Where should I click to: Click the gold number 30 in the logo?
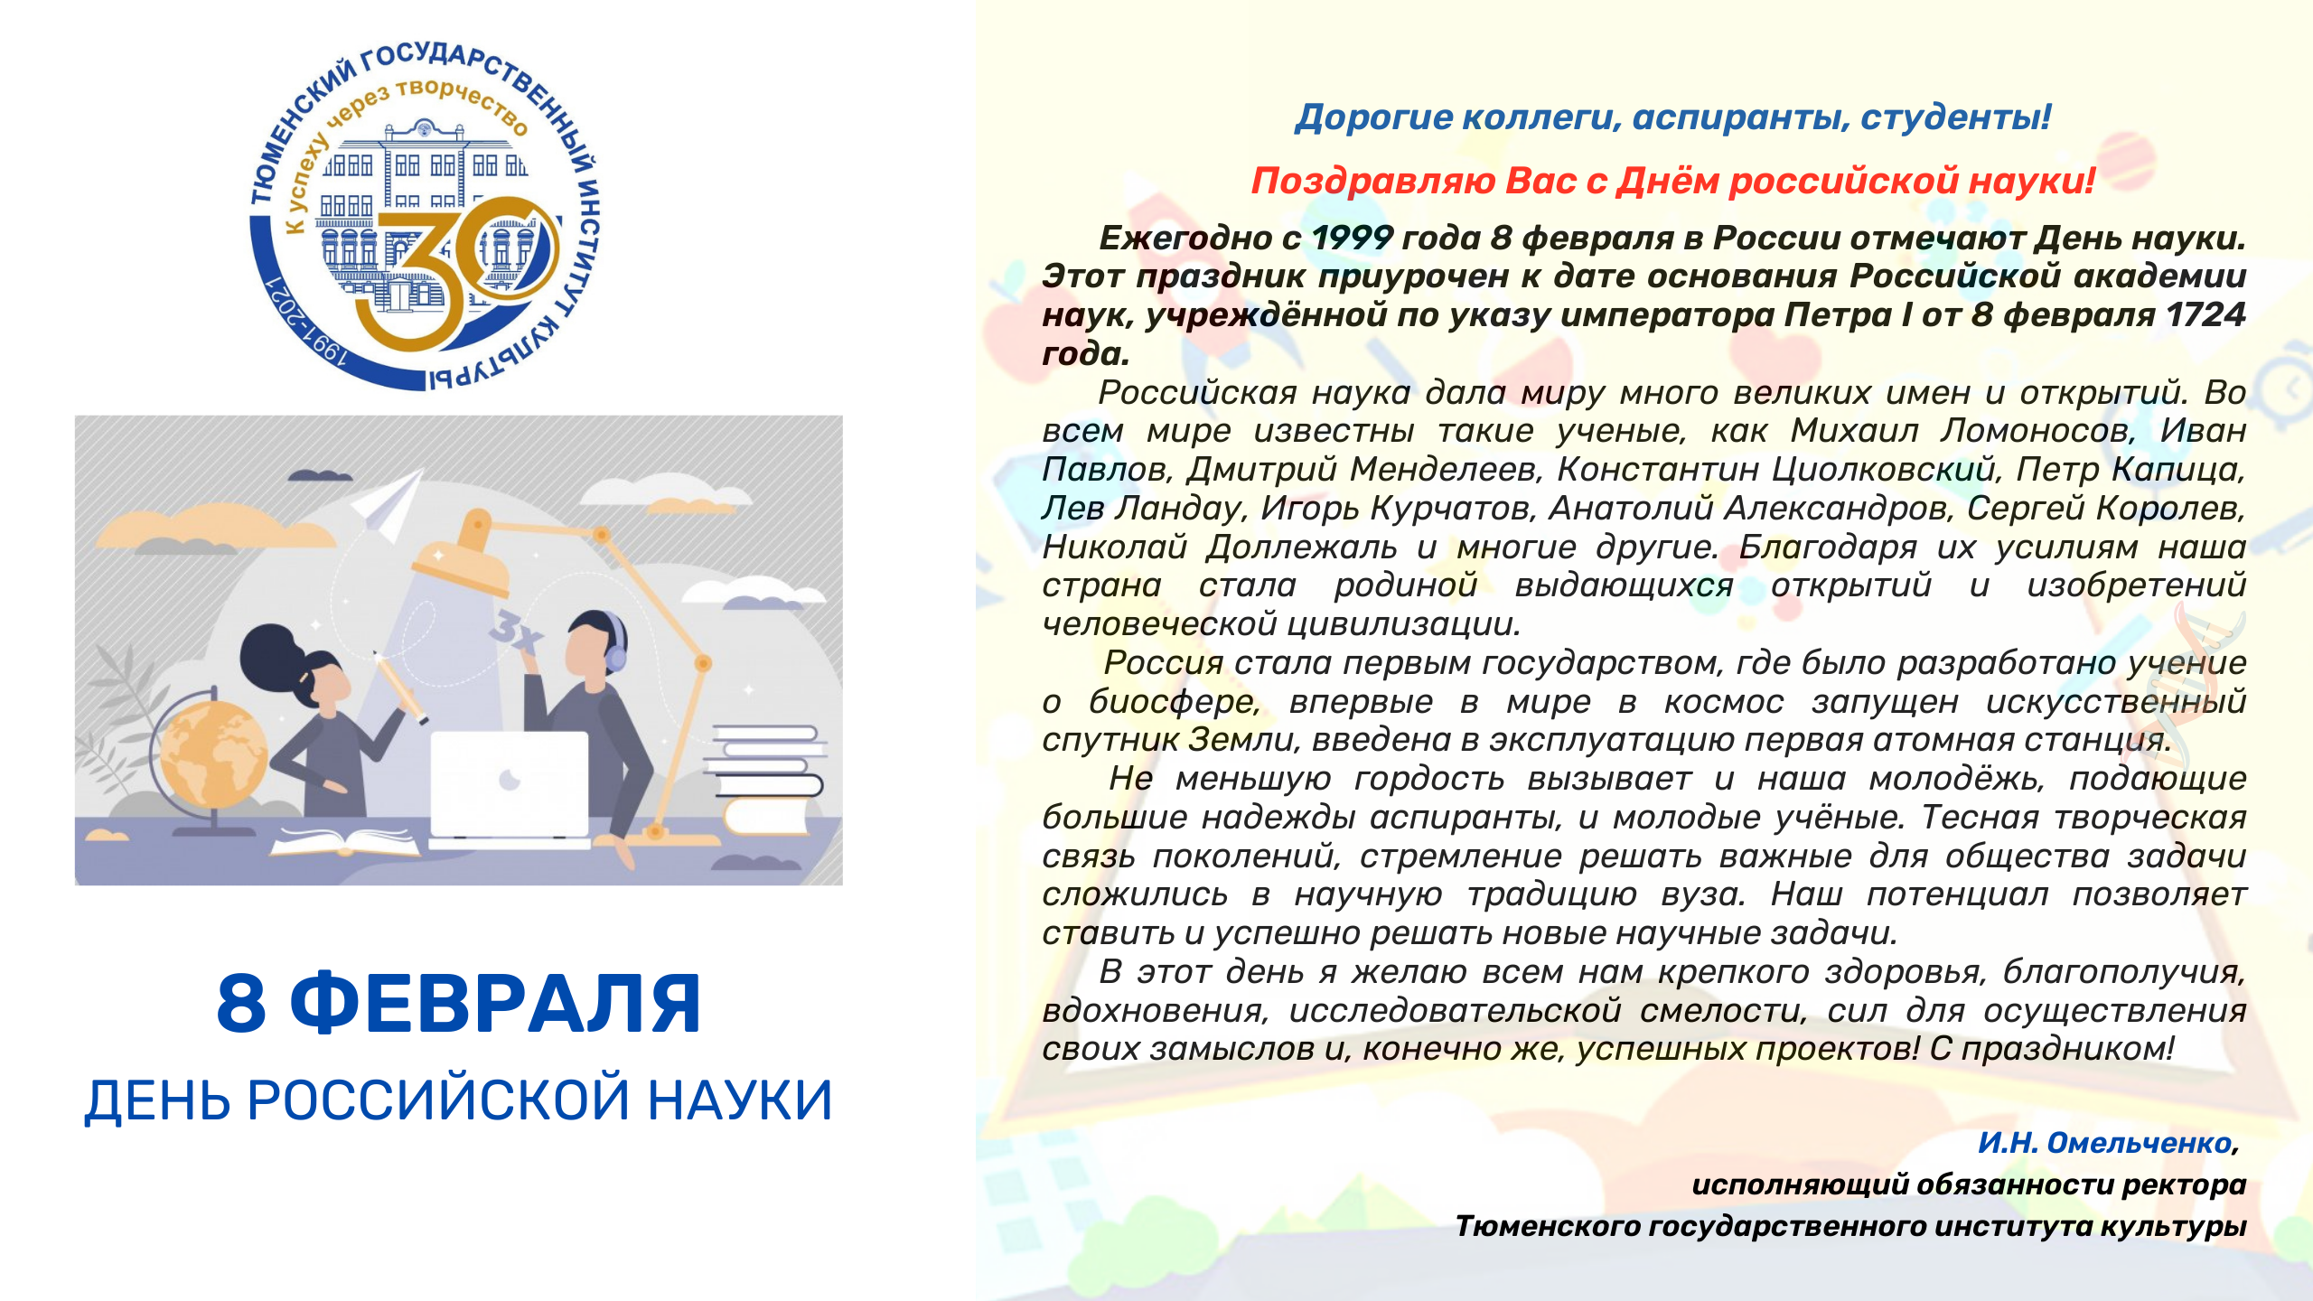456,276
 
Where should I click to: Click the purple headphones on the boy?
617,641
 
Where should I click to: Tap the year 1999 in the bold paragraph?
1352,238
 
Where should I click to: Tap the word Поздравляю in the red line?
1373,182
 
